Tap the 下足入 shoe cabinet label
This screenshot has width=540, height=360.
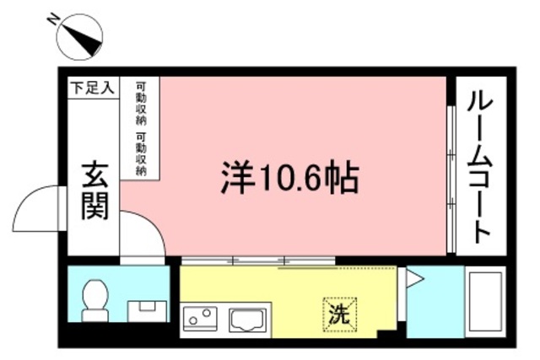(x=92, y=86)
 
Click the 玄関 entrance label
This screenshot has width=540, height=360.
(x=94, y=192)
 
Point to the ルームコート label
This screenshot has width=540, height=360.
(x=480, y=166)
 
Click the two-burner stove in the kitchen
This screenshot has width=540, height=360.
(x=201, y=319)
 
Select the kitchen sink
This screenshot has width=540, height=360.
(x=247, y=320)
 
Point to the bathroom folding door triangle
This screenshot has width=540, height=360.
(x=413, y=279)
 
